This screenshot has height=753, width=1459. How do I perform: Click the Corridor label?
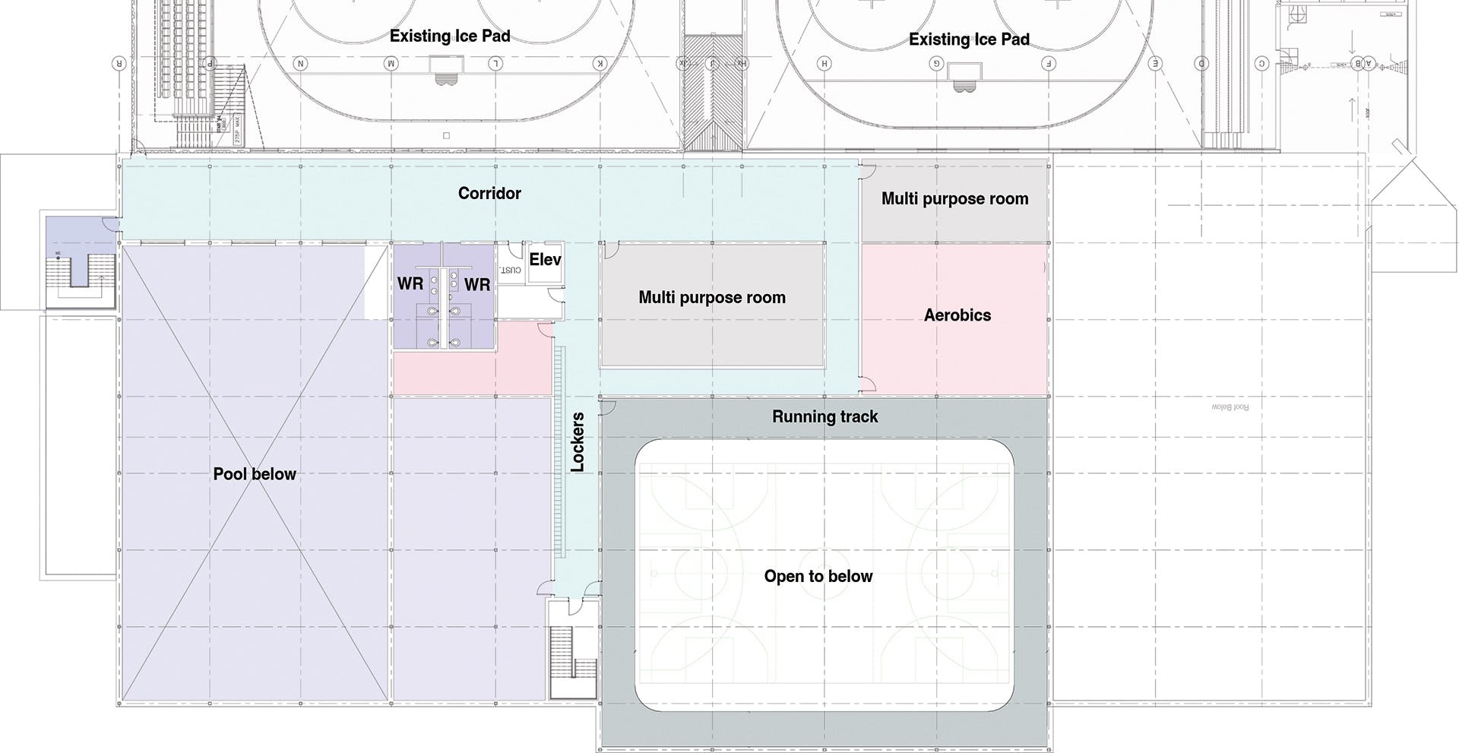point(489,194)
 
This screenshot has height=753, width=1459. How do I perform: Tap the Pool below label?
point(255,474)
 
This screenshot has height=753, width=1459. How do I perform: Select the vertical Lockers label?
point(578,442)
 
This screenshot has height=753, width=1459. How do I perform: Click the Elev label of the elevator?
point(545,260)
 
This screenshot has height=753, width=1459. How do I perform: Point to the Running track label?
point(824,416)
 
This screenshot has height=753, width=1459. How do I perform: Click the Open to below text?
point(818,576)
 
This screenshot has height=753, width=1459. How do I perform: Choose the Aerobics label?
point(957,315)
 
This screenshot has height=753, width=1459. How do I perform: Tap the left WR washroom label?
point(410,284)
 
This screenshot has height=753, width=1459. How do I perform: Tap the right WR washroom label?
point(477,285)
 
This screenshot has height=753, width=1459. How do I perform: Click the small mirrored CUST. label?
point(511,270)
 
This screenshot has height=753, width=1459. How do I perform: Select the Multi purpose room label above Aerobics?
point(954,199)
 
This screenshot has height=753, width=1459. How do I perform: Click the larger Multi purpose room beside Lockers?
point(712,298)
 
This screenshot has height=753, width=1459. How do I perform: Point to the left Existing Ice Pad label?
point(450,36)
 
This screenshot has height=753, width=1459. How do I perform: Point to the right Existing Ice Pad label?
point(969,40)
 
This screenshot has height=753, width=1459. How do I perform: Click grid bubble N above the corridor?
point(301,63)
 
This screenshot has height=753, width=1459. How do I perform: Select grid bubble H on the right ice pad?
point(824,63)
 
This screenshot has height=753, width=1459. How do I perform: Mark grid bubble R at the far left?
point(119,63)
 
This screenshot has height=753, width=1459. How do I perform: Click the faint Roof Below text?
point(1230,407)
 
